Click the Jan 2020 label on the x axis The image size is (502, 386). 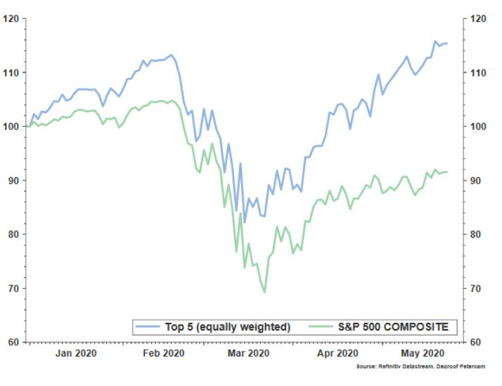click(x=77, y=353)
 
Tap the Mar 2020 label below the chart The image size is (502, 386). click(x=249, y=353)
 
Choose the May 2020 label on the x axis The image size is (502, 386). click(x=421, y=353)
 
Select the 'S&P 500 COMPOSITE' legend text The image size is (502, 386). click(x=397, y=327)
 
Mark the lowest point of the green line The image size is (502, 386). click(x=264, y=292)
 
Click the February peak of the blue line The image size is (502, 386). click(x=171, y=54)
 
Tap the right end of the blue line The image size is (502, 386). click(x=447, y=44)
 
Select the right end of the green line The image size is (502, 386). click(x=447, y=172)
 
